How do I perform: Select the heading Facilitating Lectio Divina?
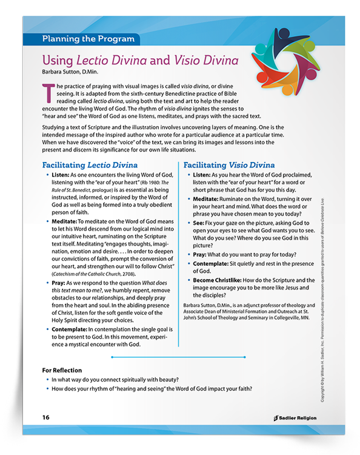click(90, 165)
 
